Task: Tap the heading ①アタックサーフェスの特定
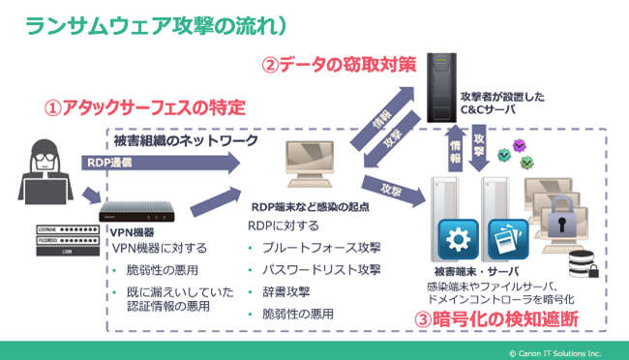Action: [x=143, y=105]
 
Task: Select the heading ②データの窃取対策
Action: [x=339, y=66]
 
